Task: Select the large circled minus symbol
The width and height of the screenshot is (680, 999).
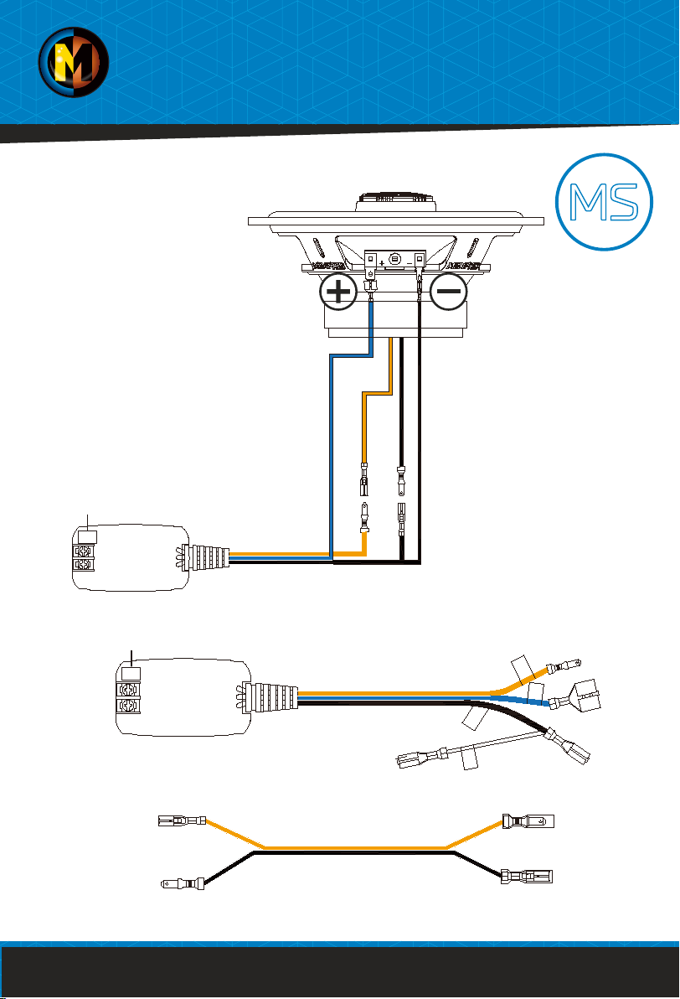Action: (x=450, y=293)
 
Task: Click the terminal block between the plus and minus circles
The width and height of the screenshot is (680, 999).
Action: (x=394, y=261)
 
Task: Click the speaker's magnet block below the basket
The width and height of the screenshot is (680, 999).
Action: (x=394, y=314)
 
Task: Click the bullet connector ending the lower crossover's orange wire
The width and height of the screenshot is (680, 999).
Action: (x=563, y=665)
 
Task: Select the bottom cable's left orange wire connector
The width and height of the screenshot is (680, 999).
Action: (x=180, y=820)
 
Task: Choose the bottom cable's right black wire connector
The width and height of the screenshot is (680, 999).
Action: (x=527, y=878)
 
